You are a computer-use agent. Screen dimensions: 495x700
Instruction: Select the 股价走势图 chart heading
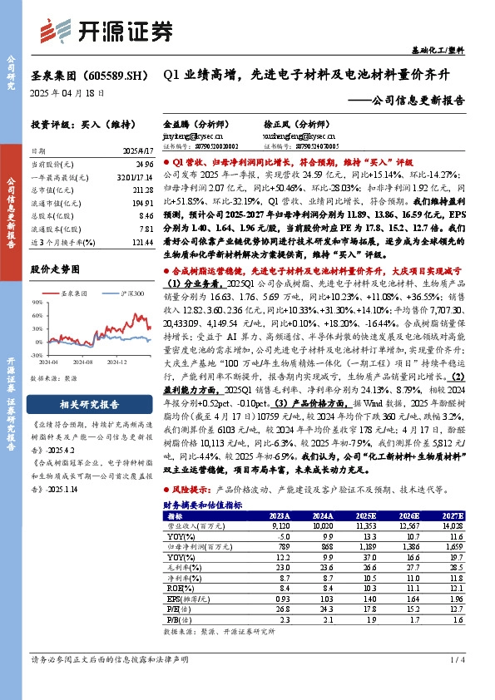[55, 269]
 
